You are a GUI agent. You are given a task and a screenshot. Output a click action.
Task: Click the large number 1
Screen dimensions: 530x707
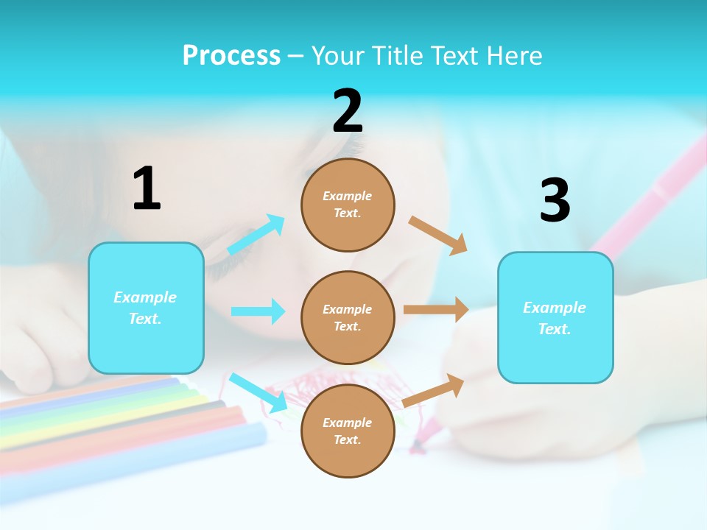[147, 189]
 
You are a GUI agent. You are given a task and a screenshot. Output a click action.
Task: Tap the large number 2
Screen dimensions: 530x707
[348, 111]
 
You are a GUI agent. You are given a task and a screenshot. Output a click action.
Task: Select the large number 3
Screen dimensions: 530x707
[555, 201]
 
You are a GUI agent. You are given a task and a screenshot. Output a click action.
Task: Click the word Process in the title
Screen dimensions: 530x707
[231, 55]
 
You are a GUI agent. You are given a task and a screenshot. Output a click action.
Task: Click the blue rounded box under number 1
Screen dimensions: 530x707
[146, 308]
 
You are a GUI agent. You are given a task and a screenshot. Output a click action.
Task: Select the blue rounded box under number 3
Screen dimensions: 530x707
[555, 317]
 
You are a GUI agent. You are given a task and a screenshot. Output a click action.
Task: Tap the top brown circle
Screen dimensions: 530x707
[348, 205]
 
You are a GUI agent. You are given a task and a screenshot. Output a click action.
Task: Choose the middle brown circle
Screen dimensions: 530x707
[348, 317]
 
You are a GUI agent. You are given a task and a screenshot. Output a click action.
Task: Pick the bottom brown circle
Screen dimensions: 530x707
[348, 431]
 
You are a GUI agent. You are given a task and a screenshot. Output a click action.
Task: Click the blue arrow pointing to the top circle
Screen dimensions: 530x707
[256, 234]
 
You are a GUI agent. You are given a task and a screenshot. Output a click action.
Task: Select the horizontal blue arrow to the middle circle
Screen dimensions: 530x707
[258, 311]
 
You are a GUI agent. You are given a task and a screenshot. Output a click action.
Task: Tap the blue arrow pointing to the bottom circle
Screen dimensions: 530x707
[258, 392]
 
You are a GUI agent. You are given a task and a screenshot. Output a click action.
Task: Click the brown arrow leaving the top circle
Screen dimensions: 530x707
[438, 236]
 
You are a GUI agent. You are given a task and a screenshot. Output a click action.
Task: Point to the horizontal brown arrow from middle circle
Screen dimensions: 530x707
[436, 310]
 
